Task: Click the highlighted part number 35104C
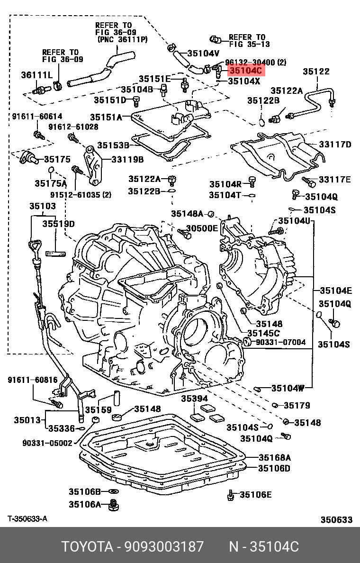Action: [x=245, y=71]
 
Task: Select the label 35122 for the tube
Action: [x=316, y=72]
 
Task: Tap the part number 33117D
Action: [x=335, y=145]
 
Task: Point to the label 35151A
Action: [x=106, y=117]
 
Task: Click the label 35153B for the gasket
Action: [x=114, y=145]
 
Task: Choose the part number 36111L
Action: [x=36, y=75]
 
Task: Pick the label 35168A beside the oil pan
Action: [x=274, y=457]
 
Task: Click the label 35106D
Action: [x=274, y=468]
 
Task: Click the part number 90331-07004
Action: [x=280, y=342]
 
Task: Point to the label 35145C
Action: [x=264, y=333]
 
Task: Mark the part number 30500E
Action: [x=202, y=228]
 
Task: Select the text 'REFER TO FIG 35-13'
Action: [x=246, y=40]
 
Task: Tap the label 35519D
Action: [x=58, y=223]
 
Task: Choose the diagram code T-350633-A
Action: [x=27, y=519]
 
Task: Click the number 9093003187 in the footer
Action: [x=164, y=546]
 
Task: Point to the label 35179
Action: [x=297, y=405]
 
